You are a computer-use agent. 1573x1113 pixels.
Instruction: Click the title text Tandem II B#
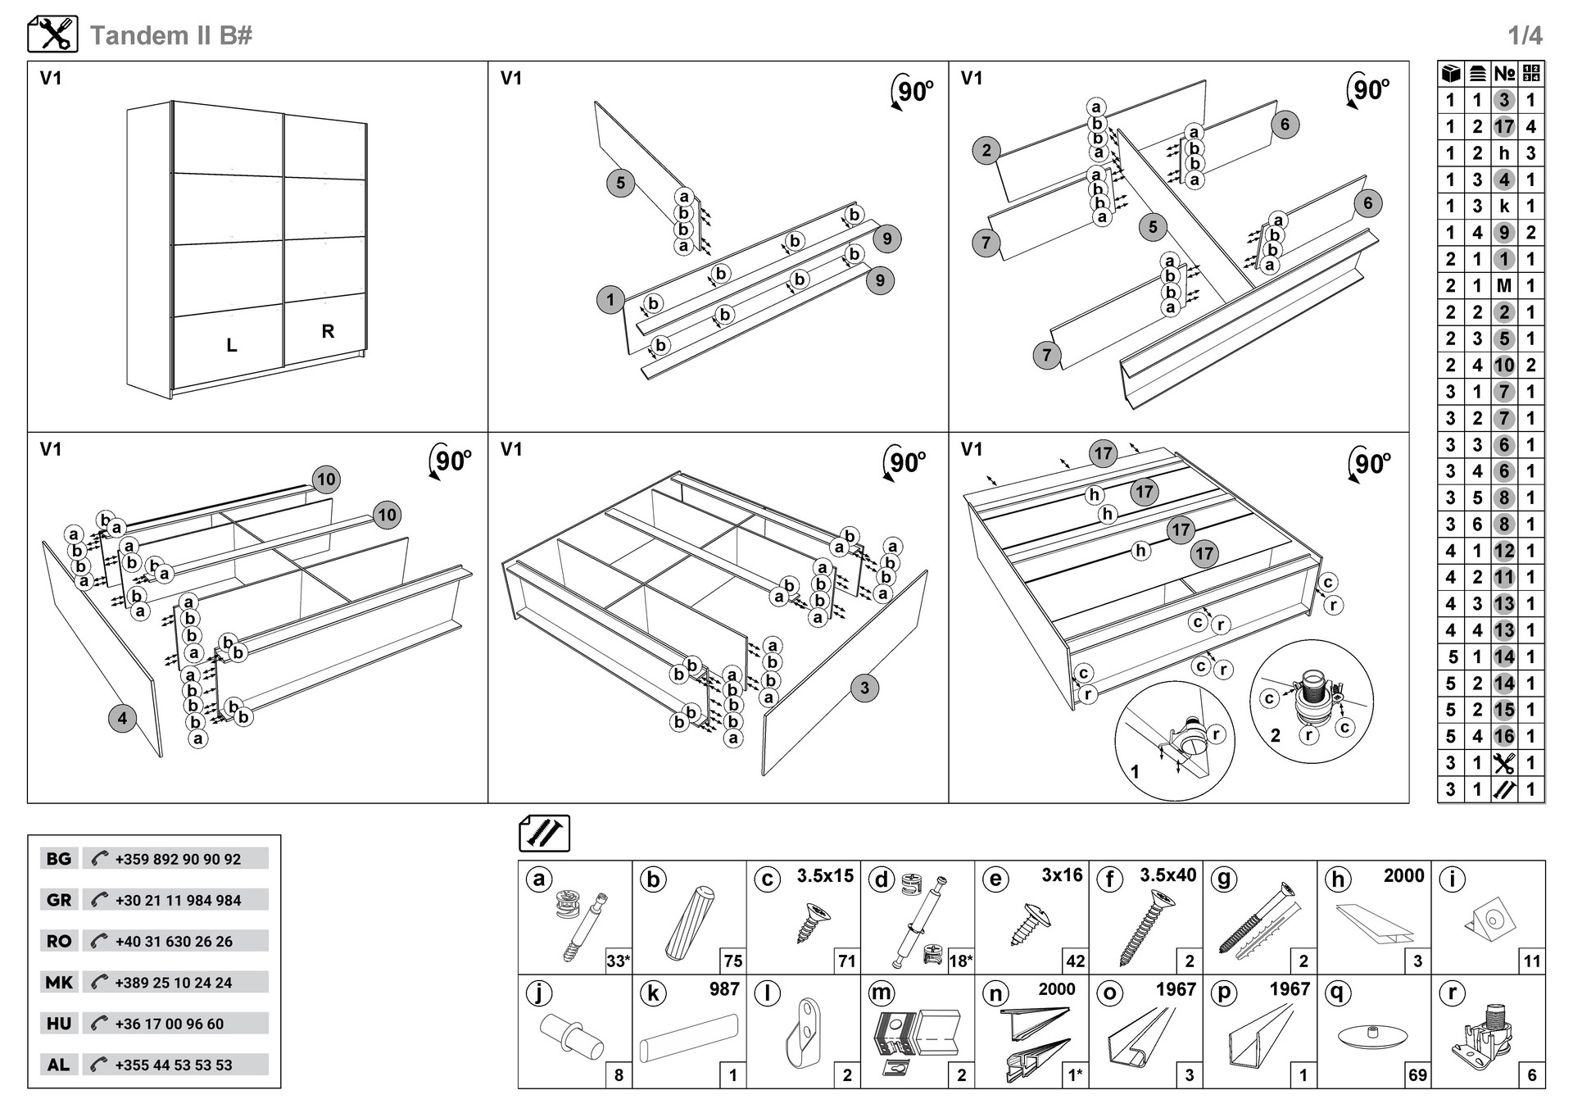click(x=170, y=35)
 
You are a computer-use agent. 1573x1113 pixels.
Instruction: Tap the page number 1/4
click(x=1525, y=35)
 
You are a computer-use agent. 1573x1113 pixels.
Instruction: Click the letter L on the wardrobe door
click(x=232, y=346)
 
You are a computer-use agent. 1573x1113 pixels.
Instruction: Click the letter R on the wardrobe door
click(x=328, y=331)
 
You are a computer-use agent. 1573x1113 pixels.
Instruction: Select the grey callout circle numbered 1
click(x=610, y=300)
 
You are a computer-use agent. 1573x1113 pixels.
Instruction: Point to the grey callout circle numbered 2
click(x=986, y=150)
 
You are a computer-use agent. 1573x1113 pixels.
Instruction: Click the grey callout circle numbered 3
click(x=864, y=688)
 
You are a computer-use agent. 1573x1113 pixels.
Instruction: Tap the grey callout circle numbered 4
click(x=122, y=719)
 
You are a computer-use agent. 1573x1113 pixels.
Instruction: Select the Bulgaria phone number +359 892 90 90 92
click(x=178, y=859)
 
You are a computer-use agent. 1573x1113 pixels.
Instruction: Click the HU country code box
click(x=59, y=1024)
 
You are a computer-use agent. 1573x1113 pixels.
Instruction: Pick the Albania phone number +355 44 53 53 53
click(x=174, y=1065)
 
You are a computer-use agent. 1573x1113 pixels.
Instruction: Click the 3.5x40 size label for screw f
click(x=1167, y=875)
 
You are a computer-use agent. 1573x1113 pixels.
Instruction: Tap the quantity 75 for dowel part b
click(x=732, y=961)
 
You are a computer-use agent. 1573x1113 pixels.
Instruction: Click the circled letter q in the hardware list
click(x=1337, y=993)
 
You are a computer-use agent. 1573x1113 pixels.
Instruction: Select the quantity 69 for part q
click(x=1417, y=1074)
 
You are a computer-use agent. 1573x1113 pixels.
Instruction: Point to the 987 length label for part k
click(x=724, y=989)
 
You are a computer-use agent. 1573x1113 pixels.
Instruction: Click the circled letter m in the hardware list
click(x=882, y=993)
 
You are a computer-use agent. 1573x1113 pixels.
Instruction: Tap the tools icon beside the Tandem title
click(x=52, y=34)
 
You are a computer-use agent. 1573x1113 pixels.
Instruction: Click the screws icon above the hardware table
click(x=544, y=834)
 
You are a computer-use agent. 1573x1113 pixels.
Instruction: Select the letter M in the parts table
click(x=1503, y=286)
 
